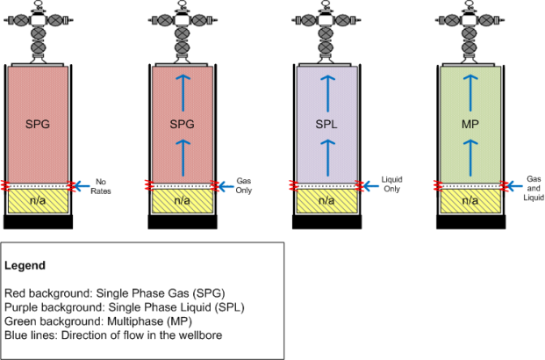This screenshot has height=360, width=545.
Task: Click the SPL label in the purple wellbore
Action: [326, 125]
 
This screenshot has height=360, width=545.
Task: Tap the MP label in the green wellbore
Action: [470, 125]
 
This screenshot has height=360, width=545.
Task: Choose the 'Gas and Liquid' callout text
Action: [533, 186]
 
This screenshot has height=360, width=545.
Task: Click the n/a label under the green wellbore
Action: [470, 201]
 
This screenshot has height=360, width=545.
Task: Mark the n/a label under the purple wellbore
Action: [326, 201]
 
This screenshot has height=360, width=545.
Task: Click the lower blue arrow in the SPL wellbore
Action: [326, 158]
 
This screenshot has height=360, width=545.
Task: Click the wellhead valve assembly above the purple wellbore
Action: [326, 28]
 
